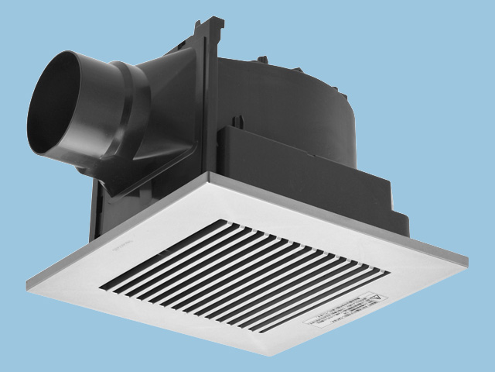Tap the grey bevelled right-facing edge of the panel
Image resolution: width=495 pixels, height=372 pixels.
(x=371, y=318)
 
